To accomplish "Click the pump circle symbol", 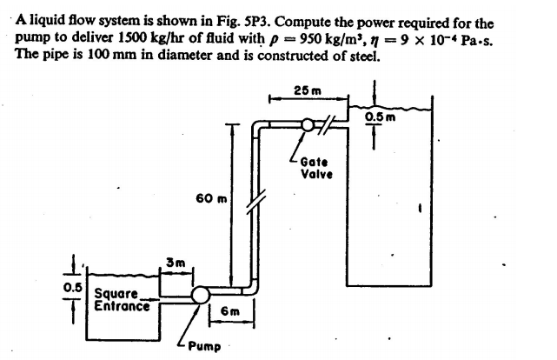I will click(x=201, y=296).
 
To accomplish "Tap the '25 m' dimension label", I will click(x=306, y=91).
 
